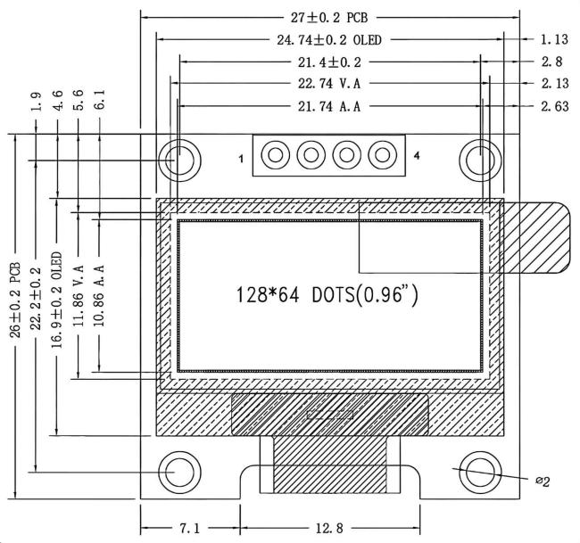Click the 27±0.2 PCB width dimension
[329, 17]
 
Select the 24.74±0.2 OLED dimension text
[329, 40]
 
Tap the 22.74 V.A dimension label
[329, 84]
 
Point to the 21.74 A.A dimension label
[329, 106]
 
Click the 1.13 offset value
[554, 39]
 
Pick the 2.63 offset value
[554, 106]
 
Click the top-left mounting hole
[179, 160]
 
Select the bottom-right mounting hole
[480, 472]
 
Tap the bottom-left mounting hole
[179, 472]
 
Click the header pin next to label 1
[275, 155]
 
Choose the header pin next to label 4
[383, 155]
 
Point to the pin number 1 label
[241, 159]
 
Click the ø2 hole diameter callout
[543, 481]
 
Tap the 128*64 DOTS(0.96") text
[327, 295]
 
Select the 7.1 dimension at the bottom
[190, 528]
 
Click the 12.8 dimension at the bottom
[329, 528]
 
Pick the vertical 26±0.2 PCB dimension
[15, 300]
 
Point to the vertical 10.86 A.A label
[99, 296]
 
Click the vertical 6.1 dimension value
[99, 99]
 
